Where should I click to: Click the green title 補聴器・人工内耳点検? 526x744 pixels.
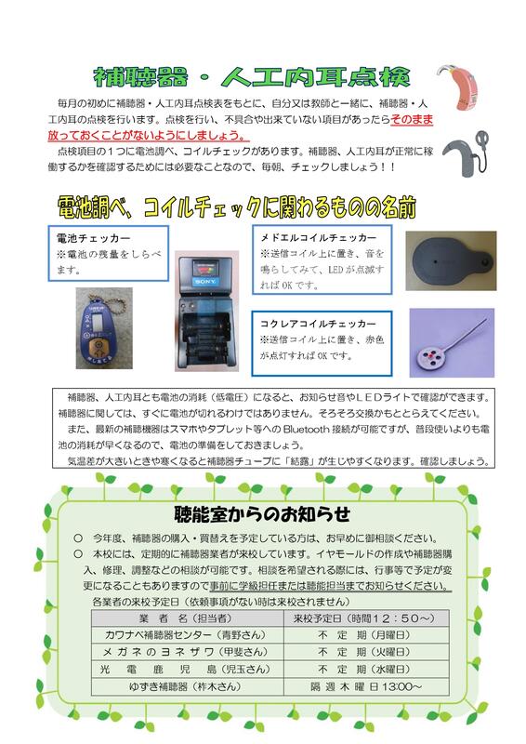point(251,77)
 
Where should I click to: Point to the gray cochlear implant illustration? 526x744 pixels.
point(465,153)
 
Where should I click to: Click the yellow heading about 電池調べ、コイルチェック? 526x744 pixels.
point(237,207)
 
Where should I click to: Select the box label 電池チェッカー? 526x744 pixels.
point(94,238)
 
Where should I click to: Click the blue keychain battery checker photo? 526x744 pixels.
point(104,328)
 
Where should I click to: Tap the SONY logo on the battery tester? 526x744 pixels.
point(204,282)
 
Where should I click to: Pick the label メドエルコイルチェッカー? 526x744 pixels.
point(318,237)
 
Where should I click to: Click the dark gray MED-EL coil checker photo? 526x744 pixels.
point(451,261)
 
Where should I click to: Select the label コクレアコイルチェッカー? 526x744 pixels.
point(318,324)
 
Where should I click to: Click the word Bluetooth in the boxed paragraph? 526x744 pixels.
point(306,430)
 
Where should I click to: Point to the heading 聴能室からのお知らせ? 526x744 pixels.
point(262,514)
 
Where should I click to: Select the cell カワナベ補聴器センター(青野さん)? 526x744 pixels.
point(186,635)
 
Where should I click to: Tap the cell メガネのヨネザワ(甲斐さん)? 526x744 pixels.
point(186,652)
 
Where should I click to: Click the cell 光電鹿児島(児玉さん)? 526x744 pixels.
point(186,669)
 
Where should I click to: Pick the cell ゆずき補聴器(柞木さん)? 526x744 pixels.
point(186,686)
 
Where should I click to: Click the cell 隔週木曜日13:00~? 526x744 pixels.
point(365,686)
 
